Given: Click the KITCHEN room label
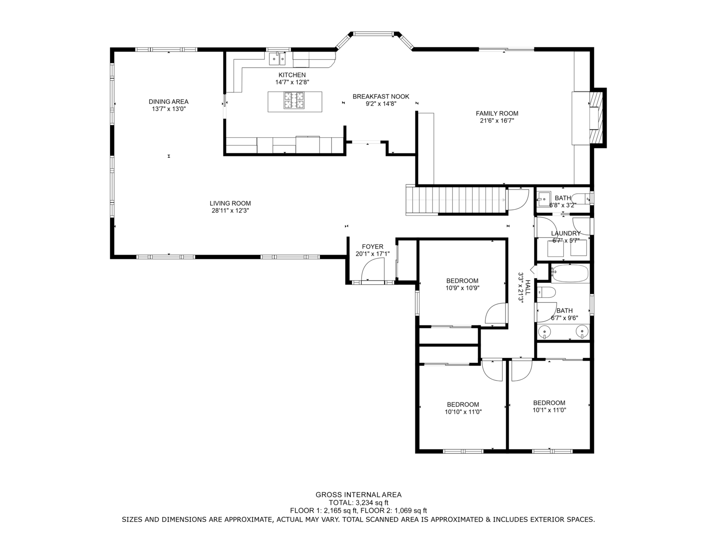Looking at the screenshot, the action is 292,75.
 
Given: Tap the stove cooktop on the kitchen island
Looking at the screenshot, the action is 294,100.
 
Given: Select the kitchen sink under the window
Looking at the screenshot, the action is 277,59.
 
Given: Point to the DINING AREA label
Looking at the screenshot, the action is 168,102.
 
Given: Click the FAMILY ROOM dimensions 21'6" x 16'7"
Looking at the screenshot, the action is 497,121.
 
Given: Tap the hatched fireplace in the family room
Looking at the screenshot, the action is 596,117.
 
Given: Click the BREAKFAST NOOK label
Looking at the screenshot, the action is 381,96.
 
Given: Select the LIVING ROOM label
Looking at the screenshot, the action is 230,203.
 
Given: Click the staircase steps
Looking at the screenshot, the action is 456,200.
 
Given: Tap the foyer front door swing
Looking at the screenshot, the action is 373,269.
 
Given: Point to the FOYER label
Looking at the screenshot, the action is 372,247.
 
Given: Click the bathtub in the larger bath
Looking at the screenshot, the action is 570,273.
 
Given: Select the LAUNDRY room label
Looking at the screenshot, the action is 566,233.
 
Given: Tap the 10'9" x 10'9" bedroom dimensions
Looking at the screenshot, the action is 462,288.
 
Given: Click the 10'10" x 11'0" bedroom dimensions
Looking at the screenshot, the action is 463,412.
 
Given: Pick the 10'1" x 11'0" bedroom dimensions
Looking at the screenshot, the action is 549,410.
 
